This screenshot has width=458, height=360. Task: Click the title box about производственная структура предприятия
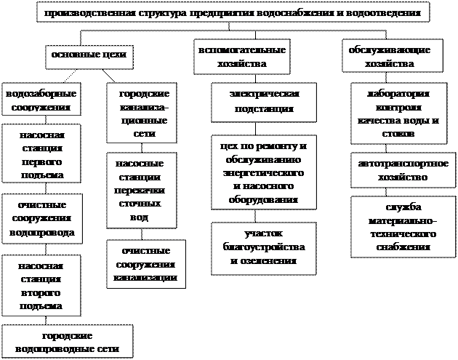pos(231,13)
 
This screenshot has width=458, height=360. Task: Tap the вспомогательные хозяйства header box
pos(240,57)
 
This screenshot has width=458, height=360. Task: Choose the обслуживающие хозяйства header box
pos(390,57)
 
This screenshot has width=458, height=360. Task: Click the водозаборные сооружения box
pos(41,101)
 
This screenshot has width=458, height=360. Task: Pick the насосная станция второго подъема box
pos(41,284)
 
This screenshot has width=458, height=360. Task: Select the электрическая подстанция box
pos(264,102)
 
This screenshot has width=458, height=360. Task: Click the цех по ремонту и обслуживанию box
pos(264,172)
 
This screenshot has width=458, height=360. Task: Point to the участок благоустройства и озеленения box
pos(263,248)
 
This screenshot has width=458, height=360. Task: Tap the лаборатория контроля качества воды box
pos(397,114)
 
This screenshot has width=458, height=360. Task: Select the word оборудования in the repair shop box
pos(264,199)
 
